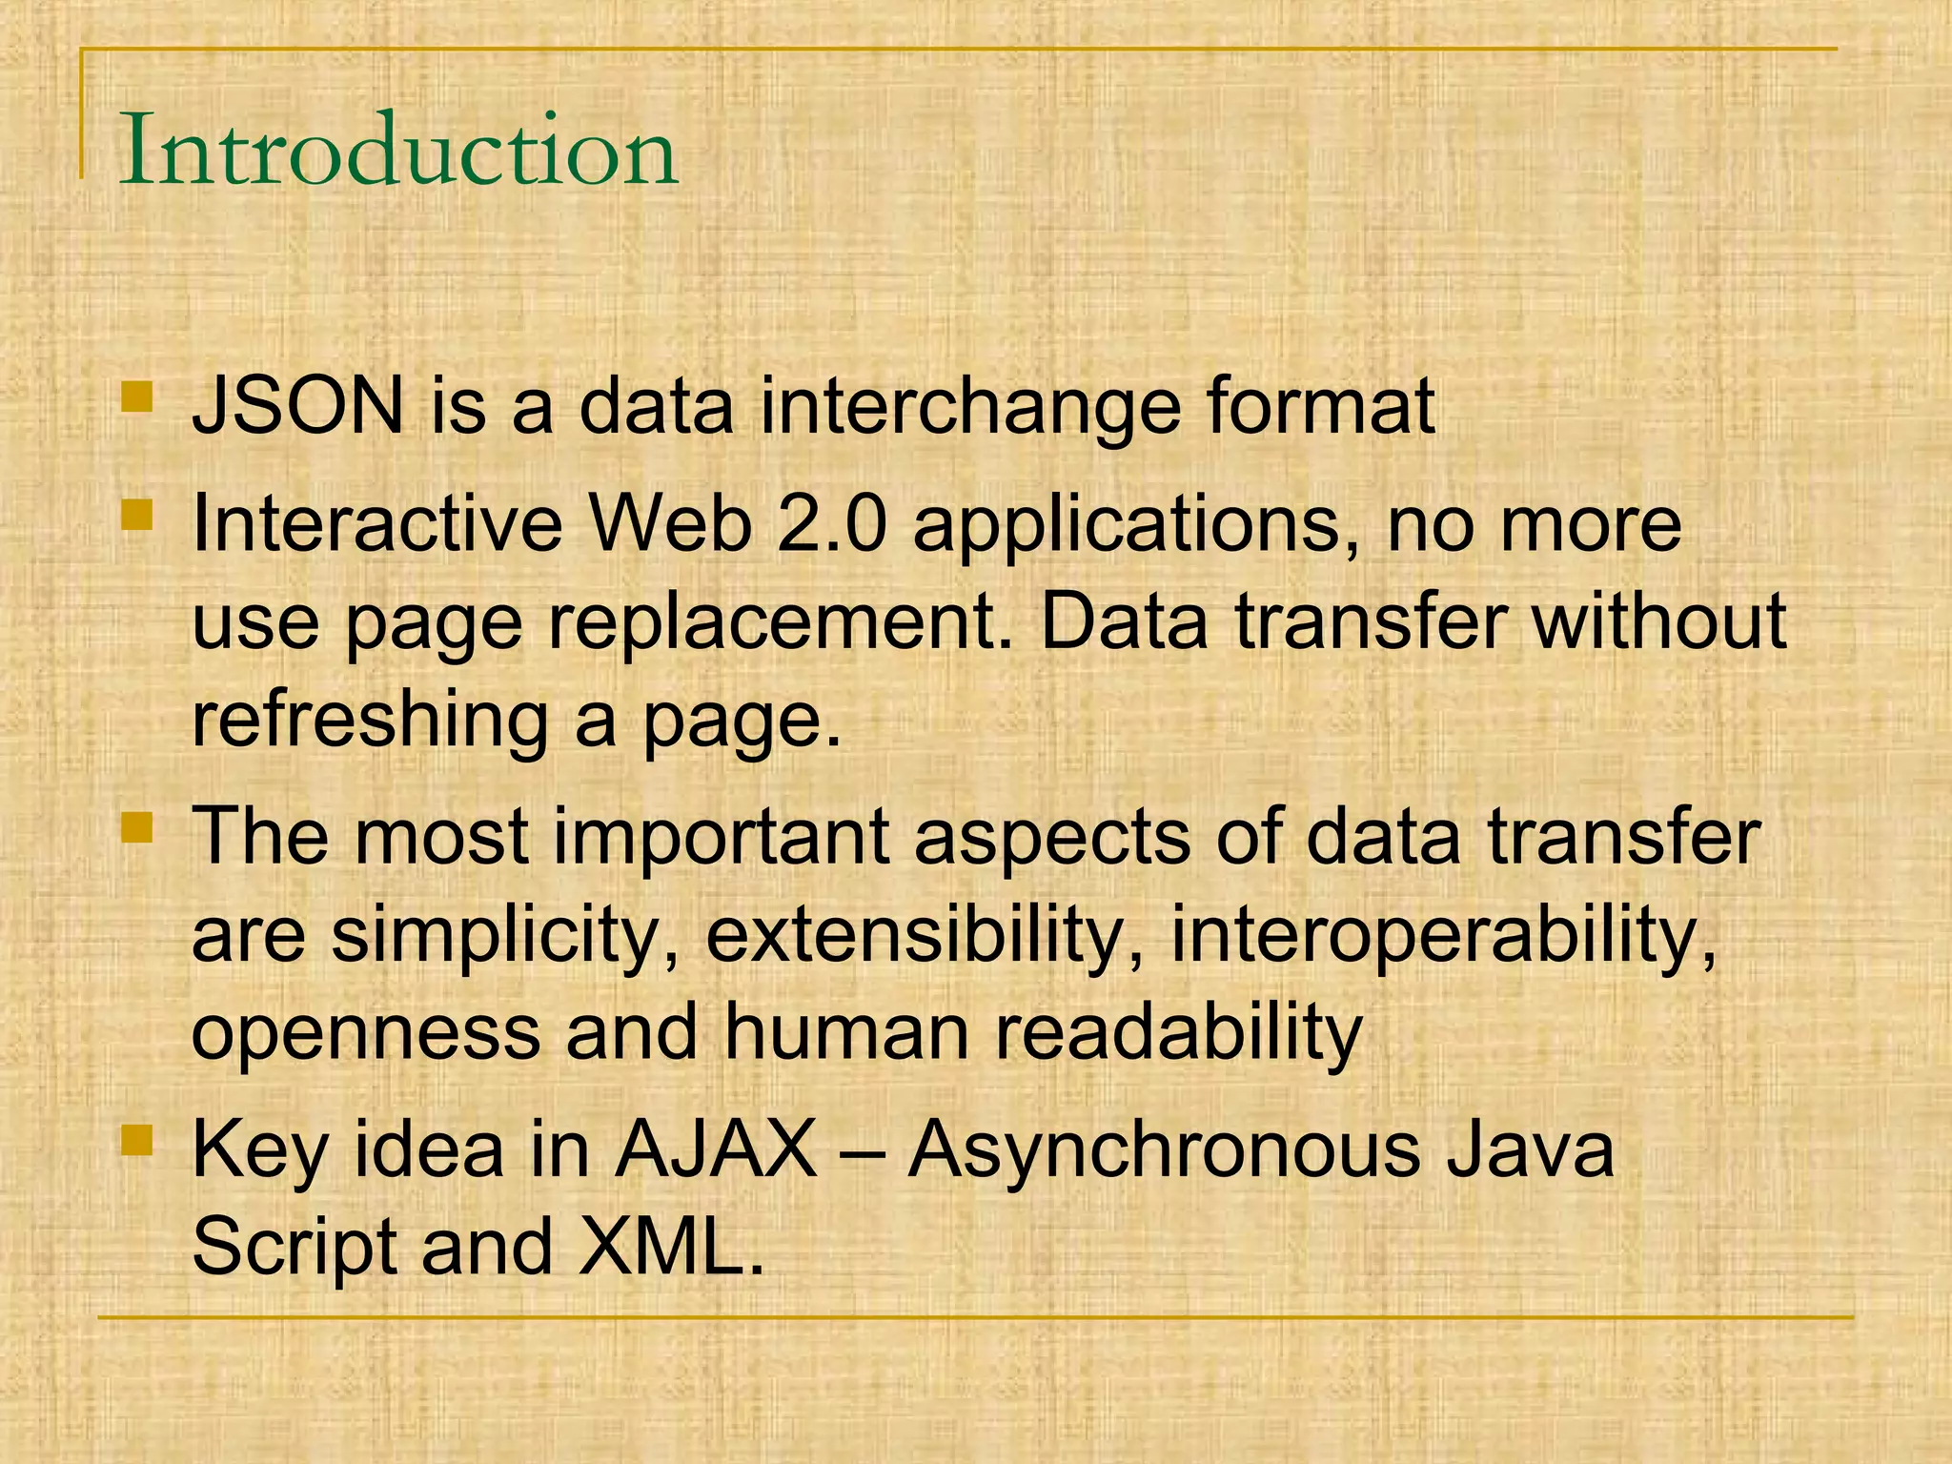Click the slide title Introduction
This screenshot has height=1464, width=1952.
[398, 151]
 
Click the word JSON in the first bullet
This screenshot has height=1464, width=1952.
[297, 407]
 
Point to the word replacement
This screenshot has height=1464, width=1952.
[780, 621]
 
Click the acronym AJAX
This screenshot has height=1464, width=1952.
[716, 1149]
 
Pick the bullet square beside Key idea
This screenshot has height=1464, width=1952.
[137, 1139]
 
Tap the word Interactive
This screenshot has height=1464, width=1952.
[377, 524]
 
